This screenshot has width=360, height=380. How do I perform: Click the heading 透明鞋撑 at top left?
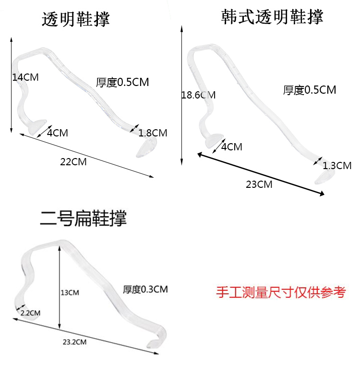(x=76, y=19)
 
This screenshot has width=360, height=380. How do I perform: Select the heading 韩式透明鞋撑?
(x=272, y=17)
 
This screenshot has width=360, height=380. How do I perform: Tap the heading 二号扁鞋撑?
(x=83, y=219)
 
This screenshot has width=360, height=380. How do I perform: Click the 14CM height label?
(x=25, y=77)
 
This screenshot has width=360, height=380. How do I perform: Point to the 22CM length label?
(x=73, y=162)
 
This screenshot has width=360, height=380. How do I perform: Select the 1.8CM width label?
(x=153, y=133)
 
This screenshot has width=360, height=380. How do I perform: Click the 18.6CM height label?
(x=198, y=95)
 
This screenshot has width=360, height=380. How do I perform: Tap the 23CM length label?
(x=259, y=184)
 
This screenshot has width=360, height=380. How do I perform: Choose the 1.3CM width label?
(x=337, y=166)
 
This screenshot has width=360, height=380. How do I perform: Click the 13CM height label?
(x=70, y=292)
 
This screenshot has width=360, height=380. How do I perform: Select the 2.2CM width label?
(x=30, y=313)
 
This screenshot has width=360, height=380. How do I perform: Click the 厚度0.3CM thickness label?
(x=145, y=289)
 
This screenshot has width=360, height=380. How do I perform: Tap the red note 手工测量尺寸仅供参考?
(x=281, y=293)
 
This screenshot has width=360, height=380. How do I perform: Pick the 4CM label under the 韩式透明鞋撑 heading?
(x=231, y=147)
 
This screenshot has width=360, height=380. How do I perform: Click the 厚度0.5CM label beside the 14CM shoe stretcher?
(x=122, y=82)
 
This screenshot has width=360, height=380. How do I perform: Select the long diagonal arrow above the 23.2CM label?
(x=86, y=336)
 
